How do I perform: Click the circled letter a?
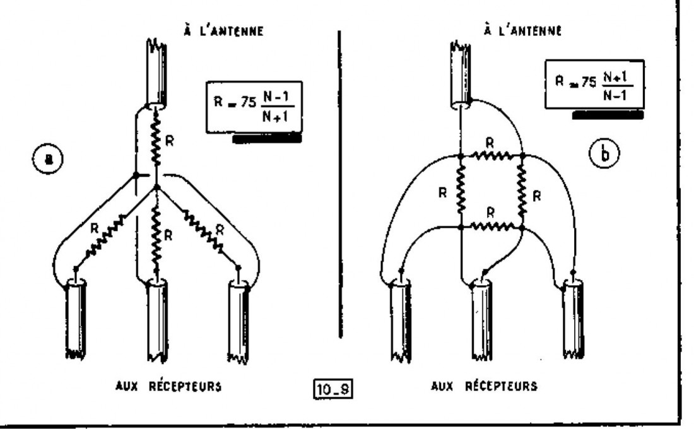[48, 158]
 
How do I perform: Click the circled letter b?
[604, 153]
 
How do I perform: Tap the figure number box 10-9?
[333, 389]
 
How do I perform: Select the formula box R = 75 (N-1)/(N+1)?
[254, 107]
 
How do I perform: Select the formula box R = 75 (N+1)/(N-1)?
[594, 84]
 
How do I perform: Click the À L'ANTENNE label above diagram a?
[223, 30]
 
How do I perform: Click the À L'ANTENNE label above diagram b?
[523, 30]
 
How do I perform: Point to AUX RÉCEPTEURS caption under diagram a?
[168, 386]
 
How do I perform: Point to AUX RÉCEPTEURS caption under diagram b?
[484, 385]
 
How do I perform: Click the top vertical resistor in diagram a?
[156, 138]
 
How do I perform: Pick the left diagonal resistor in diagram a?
[105, 236]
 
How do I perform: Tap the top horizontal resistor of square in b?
[491, 156]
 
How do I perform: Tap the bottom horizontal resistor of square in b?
[491, 226]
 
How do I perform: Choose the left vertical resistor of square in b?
[461, 191]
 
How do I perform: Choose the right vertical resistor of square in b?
[522, 191]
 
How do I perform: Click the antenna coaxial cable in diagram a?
[156, 73]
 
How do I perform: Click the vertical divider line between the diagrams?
[340, 184]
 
